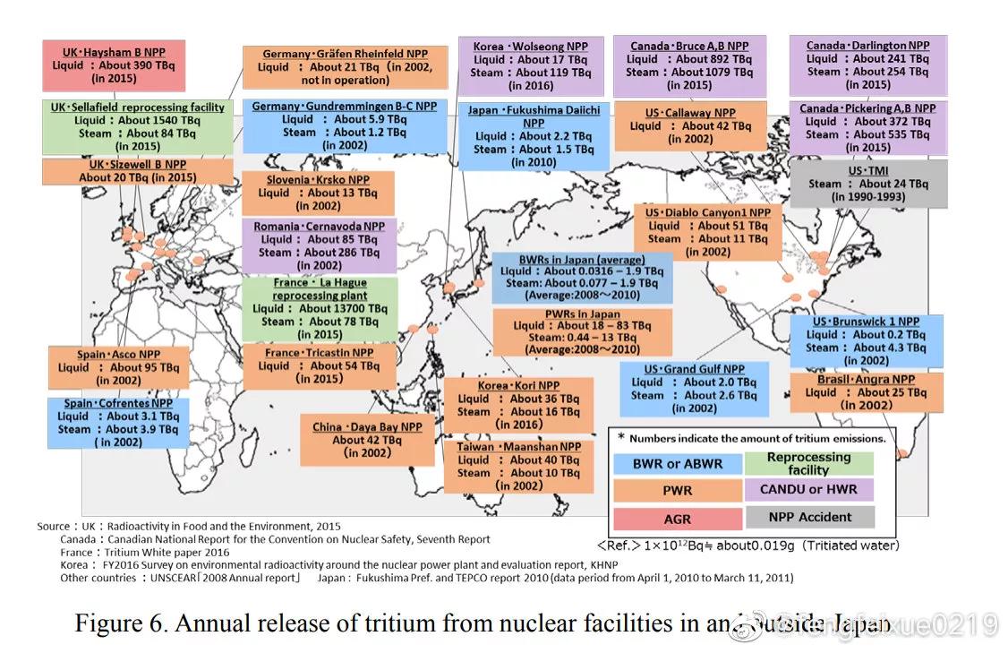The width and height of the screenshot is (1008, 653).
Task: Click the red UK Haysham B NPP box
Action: coord(114,64)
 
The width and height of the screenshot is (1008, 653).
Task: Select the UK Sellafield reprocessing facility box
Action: coord(137,127)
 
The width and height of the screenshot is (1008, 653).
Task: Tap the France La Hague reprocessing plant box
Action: coord(320,309)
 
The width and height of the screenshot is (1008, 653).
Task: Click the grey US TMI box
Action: coord(867,184)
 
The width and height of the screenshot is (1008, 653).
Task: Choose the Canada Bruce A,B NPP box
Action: coord(688,65)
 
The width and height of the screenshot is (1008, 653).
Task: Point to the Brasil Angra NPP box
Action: coord(866,392)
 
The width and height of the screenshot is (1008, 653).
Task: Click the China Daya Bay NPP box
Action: coord(367,440)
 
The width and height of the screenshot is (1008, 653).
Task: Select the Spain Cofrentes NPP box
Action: coord(118,423)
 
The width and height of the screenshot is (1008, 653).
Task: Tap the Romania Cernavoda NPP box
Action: coord(319,245)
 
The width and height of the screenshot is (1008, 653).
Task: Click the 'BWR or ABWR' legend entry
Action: coord(678,464)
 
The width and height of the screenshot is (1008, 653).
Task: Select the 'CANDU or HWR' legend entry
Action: coord(808,489)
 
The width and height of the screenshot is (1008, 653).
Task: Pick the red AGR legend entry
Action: coord(678,518)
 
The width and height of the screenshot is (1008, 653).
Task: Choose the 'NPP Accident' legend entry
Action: coord(808,517)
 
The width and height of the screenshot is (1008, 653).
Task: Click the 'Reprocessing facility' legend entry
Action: coord(808,463)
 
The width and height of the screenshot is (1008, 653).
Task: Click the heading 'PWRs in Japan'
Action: coord(582,314)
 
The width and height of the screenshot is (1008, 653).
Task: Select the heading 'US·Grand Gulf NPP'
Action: coord(694,369)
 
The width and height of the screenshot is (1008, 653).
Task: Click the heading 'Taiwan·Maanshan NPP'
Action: coord(518,447)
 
